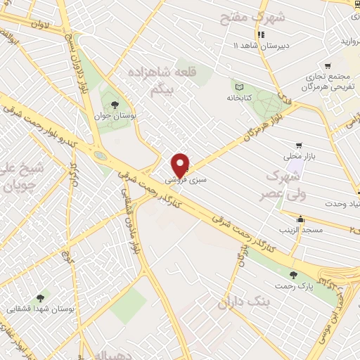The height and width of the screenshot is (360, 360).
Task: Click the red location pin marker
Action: [x=181, y=165]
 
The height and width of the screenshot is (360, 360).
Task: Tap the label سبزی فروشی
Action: [x=186, y=181]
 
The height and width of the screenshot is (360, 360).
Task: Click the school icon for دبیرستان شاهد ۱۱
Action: [x=261, y=34]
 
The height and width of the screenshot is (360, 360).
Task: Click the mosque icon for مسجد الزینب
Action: [x=301, y=218]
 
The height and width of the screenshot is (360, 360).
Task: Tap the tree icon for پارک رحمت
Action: [x=293, y=275]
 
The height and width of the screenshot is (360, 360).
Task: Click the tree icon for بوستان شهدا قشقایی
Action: [x=39, y=297]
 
